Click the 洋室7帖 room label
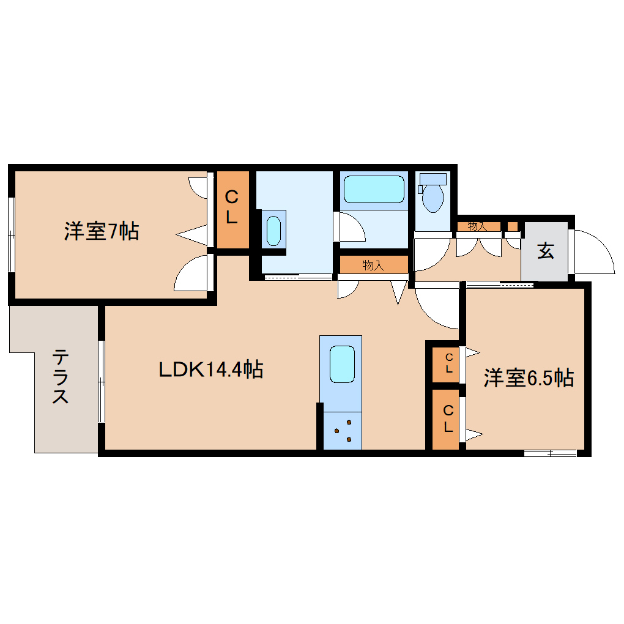coord(101,232)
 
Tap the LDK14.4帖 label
coord(211,370)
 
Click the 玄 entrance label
coord(545,251)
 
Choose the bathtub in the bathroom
coord(374,189)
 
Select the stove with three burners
coord(343,430)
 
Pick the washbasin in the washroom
coord(273,229)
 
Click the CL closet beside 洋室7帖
coord(232,208)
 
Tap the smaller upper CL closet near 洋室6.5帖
coord(448,365)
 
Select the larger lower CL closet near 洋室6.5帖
coord(448,419)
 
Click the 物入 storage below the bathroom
coord(373,265)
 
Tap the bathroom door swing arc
coord(352,227)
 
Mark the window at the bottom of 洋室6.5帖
coord(550,453)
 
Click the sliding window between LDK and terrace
coord(102,381)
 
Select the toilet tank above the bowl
coord(433,179)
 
